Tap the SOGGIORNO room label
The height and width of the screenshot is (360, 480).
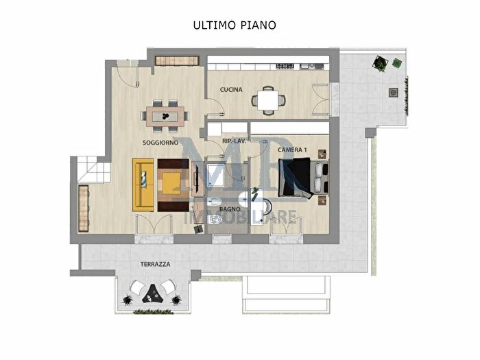pyautogui.click(x=160, y=143)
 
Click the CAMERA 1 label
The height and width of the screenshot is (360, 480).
pyautogui.click(x=292, y=149)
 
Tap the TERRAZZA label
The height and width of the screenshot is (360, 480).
pyautogui.click(x=136, y=264)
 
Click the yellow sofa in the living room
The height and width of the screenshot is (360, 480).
pyautogui.click(x=143, y=184)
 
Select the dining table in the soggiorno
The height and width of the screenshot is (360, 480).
pyautogui.click(x=166, y=116)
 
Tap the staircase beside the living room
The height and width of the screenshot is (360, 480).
pyautogui.click(x=89, y=169)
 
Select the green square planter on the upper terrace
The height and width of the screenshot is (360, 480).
pyautogui.click(x=397, y=64)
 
